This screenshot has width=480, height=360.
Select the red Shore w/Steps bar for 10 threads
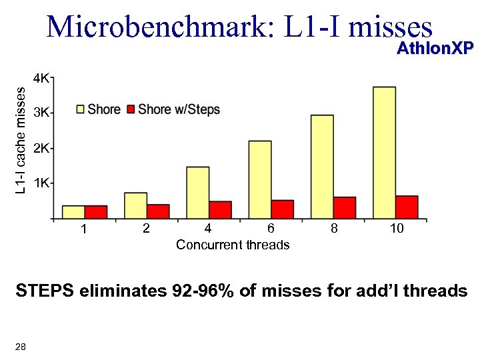click(407, 207)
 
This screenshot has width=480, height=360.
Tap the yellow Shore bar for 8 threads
click(322, 166)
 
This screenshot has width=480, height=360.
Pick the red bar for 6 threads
click(282, 209)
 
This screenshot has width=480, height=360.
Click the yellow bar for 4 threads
click(197, 192)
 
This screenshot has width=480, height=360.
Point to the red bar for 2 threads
click(158, 211)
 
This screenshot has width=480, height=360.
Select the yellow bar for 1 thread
click(73, 211)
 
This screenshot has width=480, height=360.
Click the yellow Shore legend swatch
click(80, 109)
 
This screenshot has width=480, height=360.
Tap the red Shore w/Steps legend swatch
click(131, 109)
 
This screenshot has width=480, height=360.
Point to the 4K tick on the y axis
click(41, 78)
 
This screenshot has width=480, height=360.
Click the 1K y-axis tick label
click(41, 183)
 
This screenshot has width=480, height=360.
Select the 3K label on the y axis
click(41, 113)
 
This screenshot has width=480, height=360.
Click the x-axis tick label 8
click(334, 229)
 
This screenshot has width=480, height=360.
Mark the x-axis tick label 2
click(146, 229)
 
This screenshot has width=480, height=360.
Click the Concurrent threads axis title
click(233, 245)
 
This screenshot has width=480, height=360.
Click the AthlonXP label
click(435, 48)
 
